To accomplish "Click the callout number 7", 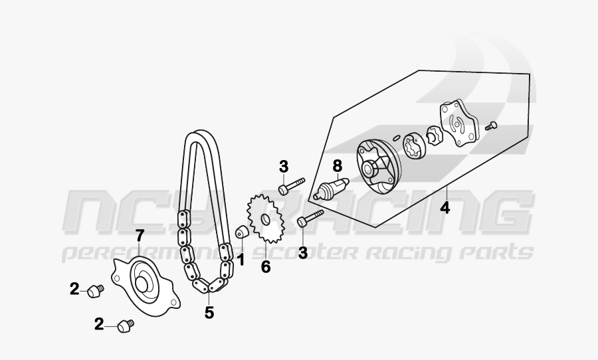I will (140, 235).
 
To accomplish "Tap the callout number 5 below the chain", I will (209, 312).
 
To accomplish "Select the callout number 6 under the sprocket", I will (266, 267).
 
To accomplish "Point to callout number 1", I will (241, 259).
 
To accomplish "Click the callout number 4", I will (445, 207).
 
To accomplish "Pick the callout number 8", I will (337, 164).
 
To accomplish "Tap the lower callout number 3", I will (303, 252).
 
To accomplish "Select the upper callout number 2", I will (75, 288).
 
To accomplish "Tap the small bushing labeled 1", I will (243, 233).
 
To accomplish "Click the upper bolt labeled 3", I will (291, 185).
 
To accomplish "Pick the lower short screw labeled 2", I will (125, 325).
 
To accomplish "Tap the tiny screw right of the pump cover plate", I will (492, 124).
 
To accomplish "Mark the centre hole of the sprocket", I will (266, 220).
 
